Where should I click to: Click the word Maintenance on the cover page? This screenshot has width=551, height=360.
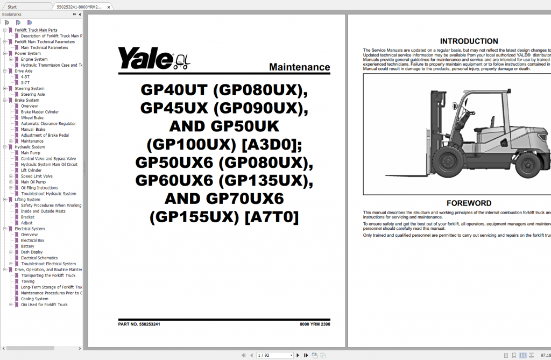[x=299, y=67]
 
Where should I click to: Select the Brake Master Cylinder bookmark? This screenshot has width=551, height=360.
[x=40, y=112]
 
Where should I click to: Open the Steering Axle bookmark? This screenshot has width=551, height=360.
[x=33, y=94]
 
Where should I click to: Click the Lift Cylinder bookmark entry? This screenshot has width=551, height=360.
[x=31, y=170]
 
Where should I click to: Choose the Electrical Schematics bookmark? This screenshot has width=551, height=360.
[x=39, y=258]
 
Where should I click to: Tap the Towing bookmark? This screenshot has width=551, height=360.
[x=27, y=281]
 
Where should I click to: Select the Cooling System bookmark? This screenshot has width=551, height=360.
[x=34, y=299]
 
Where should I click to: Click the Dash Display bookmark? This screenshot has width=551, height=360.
[x=32, y=252]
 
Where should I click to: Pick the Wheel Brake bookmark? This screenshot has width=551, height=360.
[x=32, y=118]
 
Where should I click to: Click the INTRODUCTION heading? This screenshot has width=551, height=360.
[x=469, y=41]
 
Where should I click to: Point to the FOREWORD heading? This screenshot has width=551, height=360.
[x=469, y=203]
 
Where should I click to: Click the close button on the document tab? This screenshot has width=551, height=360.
[x=108, y=8]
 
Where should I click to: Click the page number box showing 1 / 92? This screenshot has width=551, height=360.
[x=274, y=355]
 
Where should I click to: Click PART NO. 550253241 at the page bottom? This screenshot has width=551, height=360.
[x=139, y=324]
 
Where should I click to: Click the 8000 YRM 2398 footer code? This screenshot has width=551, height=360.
[x=315, y=324]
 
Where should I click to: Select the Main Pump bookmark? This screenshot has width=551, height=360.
[x=31, y=153]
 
